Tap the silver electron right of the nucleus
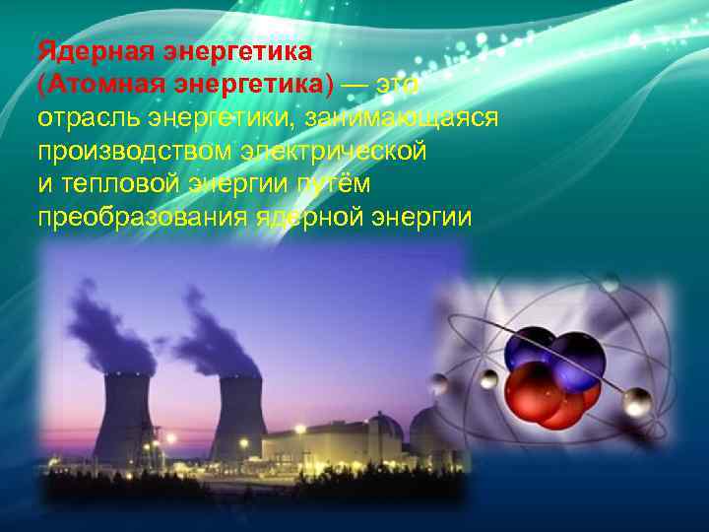tap(638, 399)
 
